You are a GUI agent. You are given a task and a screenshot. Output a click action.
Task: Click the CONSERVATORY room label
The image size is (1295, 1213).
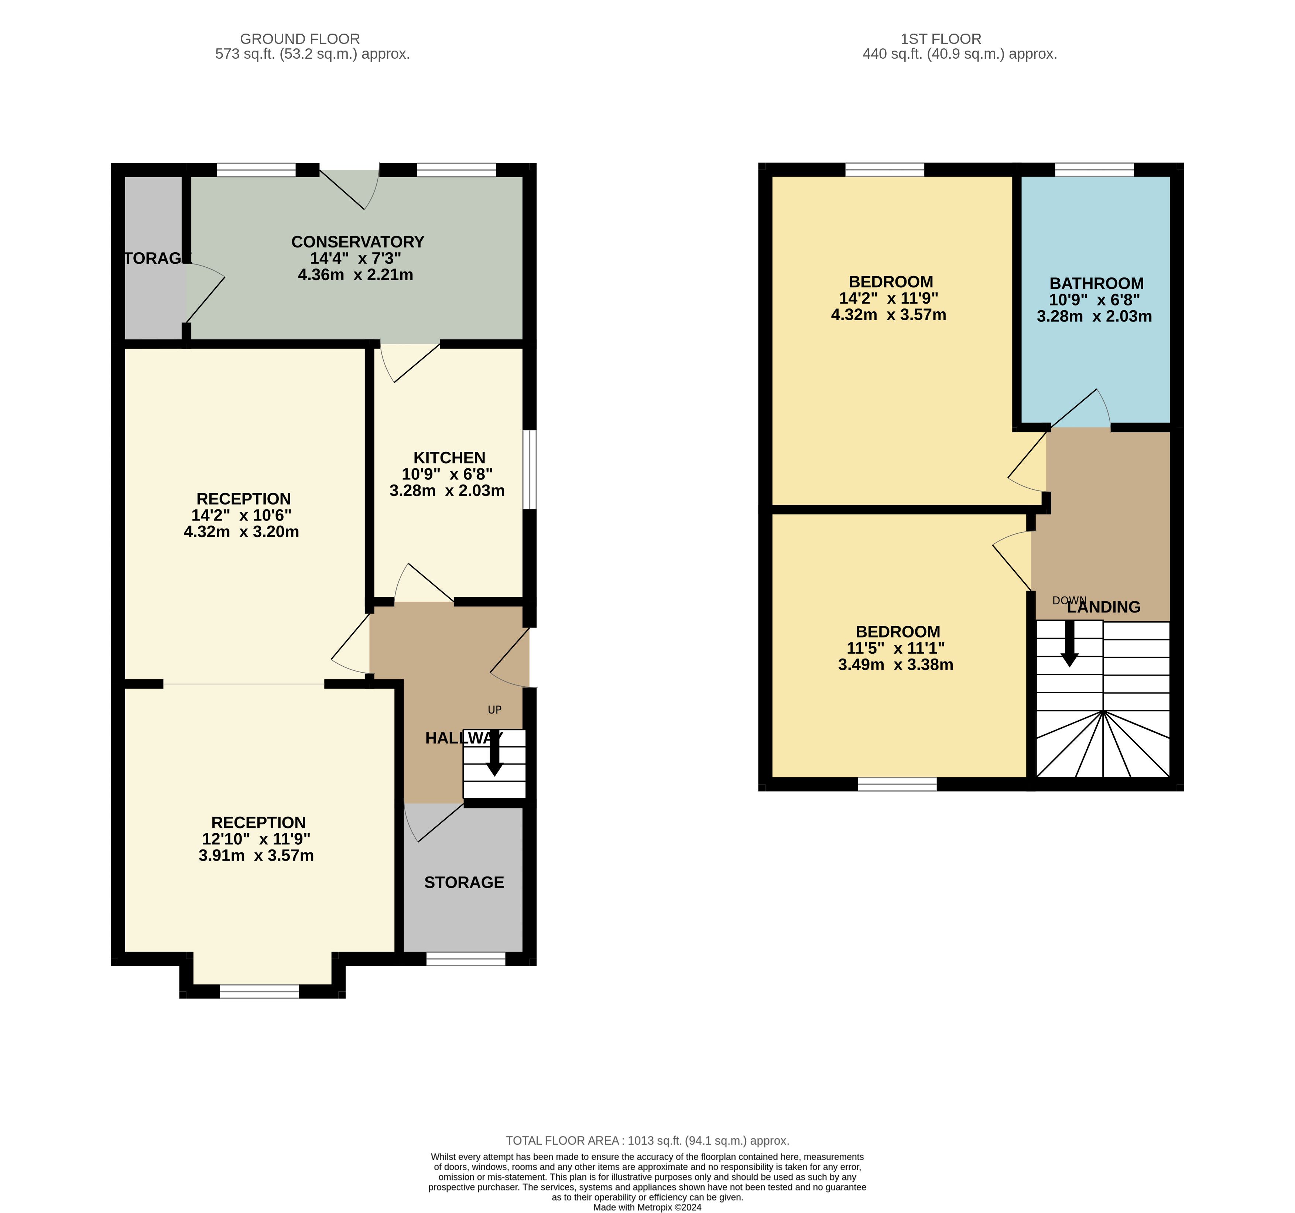pos(357,242)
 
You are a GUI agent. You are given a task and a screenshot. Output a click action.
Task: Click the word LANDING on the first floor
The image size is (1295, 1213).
pos(1103,607)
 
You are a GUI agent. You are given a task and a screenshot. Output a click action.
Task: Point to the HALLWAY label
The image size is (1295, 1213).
pos(464,738)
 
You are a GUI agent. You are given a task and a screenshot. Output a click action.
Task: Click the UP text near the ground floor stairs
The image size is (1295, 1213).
pos(494,710)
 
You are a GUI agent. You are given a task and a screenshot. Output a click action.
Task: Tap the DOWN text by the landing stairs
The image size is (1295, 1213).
pos(1069,600)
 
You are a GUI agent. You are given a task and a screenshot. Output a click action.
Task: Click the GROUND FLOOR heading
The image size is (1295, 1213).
pos(299,39)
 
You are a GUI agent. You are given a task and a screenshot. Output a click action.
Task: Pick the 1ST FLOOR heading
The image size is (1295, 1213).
pos(941,39)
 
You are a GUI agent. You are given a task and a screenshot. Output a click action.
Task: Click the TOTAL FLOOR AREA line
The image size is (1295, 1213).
pos(648,1141)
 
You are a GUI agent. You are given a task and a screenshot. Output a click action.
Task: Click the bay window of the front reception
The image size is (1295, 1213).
pos(259,991)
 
